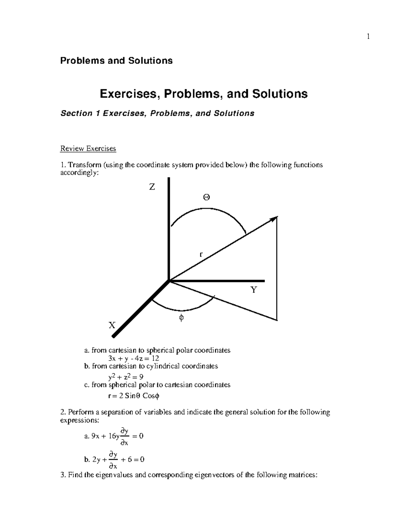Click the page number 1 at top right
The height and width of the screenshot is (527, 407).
point(368,36)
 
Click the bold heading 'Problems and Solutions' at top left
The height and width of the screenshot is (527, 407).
point(116,61)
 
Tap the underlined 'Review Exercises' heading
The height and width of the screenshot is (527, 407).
point(88,148)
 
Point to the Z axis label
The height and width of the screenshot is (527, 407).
point(152,187)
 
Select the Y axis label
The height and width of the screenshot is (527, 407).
point(254,290)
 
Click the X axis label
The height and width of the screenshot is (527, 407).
point(112,325)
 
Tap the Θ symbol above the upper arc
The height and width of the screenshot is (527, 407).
point(206,197)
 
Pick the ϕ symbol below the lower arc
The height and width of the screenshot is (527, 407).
point(181,318)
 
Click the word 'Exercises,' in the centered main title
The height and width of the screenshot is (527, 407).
point(130,94)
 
